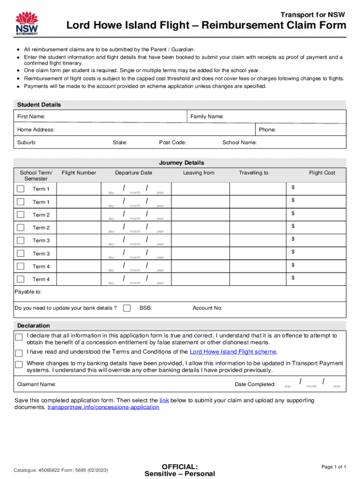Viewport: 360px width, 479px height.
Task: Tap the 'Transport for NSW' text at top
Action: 312,15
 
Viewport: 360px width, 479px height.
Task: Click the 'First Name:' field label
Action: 31,116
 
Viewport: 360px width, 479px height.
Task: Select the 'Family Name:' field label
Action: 207,116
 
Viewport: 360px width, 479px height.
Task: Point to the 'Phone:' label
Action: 267,130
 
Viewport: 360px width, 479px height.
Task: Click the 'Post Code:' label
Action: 173,143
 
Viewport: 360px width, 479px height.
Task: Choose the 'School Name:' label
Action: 239,143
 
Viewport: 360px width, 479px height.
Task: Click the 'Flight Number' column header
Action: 79,173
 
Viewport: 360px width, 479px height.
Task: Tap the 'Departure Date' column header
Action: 134,173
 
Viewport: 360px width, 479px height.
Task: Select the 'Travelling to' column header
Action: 253,173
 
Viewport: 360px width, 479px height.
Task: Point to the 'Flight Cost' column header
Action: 322,173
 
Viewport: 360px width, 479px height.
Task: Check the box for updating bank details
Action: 127,308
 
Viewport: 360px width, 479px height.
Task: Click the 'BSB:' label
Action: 146,308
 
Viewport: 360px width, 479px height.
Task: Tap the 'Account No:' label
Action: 208,308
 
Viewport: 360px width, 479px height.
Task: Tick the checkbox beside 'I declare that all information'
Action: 19,337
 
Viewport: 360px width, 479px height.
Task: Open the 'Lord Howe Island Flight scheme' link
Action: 233,352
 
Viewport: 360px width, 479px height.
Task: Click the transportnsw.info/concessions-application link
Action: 103,407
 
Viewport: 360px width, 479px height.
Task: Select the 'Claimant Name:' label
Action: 36,384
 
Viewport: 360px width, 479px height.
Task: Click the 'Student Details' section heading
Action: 39,104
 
